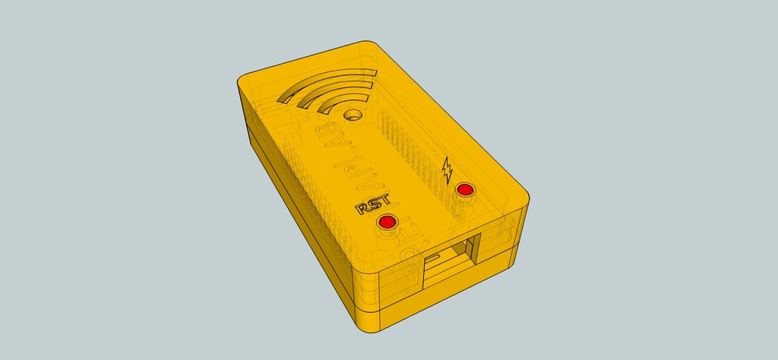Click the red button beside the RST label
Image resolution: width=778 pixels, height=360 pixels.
click(x=387, y=222)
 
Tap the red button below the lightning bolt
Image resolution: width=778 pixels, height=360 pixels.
click(x=463, y=189)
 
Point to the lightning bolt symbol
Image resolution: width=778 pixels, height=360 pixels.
click(x=447, y=169)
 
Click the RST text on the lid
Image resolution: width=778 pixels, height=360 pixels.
click(x=373, y=203)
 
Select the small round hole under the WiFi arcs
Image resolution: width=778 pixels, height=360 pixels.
click(x=353, y=115)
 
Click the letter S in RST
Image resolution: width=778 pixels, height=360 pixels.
click(x=373, y=203)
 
